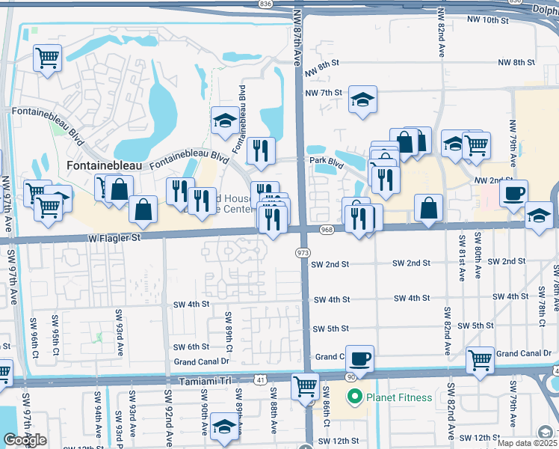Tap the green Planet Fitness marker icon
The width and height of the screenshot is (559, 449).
355,397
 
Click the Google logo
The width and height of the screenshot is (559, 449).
25,440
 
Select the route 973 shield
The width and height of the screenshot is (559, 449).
303,254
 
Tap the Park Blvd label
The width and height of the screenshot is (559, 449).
325,159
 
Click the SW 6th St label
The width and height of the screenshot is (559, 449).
191,346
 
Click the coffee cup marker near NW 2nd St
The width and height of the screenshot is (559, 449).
513,193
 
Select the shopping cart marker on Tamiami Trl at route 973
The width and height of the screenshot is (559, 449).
305,387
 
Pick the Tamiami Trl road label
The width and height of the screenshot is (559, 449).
205,381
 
